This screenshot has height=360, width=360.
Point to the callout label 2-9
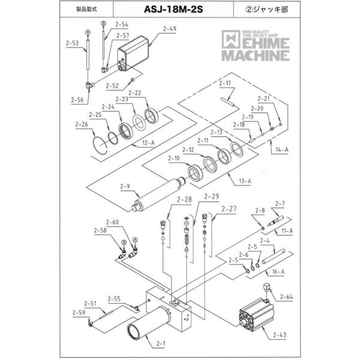[125, 187]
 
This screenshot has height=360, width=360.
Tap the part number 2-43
[279, 335]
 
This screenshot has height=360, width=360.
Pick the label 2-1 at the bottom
[160, 344]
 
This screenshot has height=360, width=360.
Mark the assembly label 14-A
[281, 148]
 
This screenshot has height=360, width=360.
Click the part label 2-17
[226, 83]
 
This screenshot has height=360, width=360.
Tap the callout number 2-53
[72, 43]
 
